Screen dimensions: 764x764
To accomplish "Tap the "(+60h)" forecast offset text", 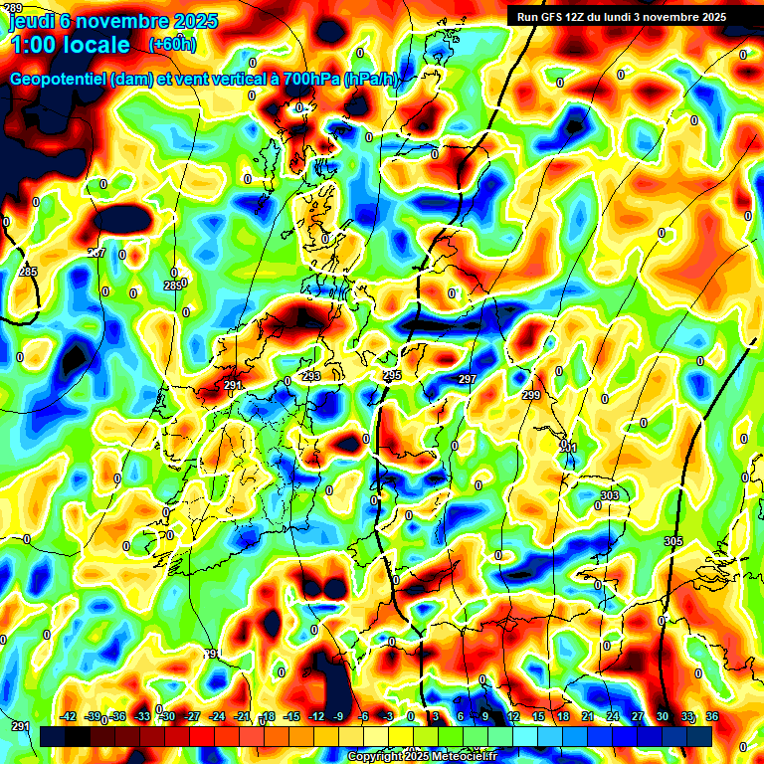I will [172, 44].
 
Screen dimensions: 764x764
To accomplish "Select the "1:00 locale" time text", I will [70, 45].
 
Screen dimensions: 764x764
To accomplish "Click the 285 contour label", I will [28, 272].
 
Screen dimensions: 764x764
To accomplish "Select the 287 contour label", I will [95, 253].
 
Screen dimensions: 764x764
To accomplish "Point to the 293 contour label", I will [311, 376].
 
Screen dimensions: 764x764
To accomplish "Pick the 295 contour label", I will [392, 375].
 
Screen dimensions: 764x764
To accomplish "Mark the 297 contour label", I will [468, 380].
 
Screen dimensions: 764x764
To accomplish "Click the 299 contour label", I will [531, 395].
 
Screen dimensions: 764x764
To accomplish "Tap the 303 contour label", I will [610, 495].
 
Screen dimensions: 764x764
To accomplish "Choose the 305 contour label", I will [673, 541].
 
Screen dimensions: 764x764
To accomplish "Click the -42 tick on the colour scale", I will [68, 716].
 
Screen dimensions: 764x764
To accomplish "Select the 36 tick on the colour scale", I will [711, 716].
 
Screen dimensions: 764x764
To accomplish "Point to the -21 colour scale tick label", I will [242, 716].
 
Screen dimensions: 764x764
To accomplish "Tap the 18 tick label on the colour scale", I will [563, 716].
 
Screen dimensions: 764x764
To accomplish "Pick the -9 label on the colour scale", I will [340, 716].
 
